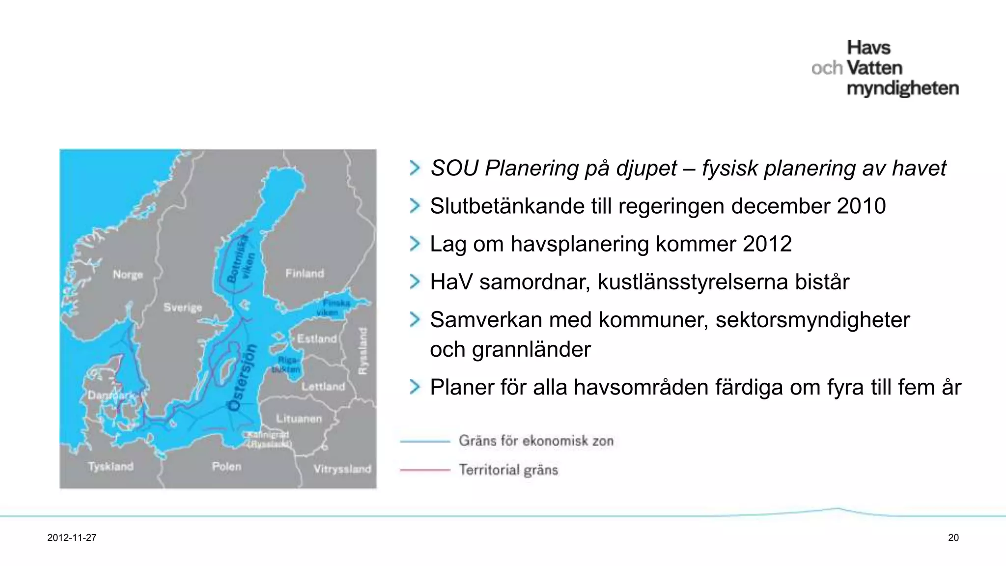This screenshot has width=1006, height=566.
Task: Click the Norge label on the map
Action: tap(128, 274)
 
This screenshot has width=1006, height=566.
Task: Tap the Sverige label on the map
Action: tap(183, 308)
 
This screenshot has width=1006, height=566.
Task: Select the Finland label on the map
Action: tap(305, 273)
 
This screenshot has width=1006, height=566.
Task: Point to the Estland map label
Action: tap(317, 339)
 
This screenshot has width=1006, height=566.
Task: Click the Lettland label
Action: tap(323, 387)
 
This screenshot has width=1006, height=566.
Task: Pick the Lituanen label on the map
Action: tap(299, 419)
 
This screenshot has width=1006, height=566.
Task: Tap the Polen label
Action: tap(226, 466)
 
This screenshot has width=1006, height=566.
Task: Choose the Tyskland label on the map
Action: tap(111, 466)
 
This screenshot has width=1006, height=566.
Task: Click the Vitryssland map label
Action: tap(342, 469)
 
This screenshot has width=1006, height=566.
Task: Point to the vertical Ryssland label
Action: tap(363, 351)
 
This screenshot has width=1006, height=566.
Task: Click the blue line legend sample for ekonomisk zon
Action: tap(425, 441)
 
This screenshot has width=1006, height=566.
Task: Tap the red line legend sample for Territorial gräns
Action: tap(425, 470)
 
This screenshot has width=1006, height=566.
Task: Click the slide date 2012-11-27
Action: tap(72, 538)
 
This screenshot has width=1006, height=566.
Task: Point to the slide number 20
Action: tap(953, 538)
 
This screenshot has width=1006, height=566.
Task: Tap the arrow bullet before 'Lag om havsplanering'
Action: tap(415, 244)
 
